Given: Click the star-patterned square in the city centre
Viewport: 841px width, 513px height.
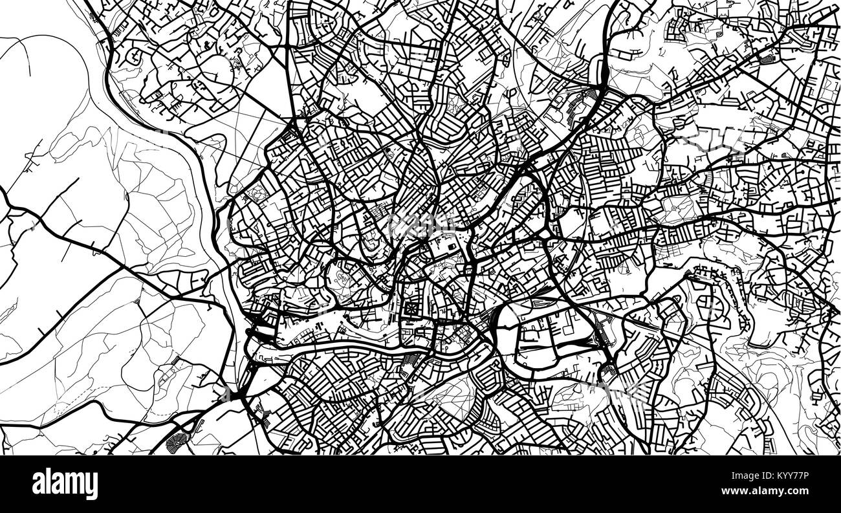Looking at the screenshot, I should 410,310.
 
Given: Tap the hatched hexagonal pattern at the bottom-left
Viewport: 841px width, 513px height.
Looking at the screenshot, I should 175,442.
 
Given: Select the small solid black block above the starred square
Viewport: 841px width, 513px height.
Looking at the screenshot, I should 446,245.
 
